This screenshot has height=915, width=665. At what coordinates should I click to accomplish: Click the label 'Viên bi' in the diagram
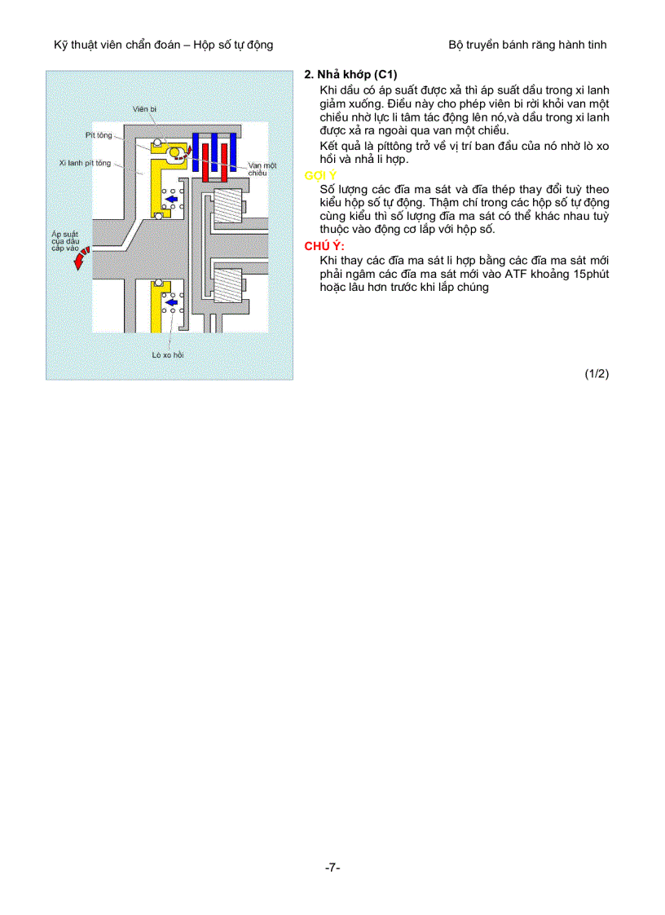(x=145, y=108)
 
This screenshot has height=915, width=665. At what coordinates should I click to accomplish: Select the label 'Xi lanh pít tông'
(x=85, y=163)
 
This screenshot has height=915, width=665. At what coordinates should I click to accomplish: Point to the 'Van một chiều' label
(x=262, y=169)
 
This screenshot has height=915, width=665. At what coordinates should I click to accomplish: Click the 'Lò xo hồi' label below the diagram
(x=168, y=355)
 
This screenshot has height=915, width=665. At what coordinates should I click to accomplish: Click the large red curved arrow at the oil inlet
(x=79, y=260)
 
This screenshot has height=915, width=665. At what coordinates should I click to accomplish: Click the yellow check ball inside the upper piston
(x=174, y=152)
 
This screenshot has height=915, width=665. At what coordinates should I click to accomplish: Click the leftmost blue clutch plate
(x=196, y=151)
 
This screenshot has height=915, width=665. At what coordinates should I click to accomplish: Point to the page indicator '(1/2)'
(x=597, y=374)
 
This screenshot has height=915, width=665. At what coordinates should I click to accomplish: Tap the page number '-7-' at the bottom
(x=332, y=868)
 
